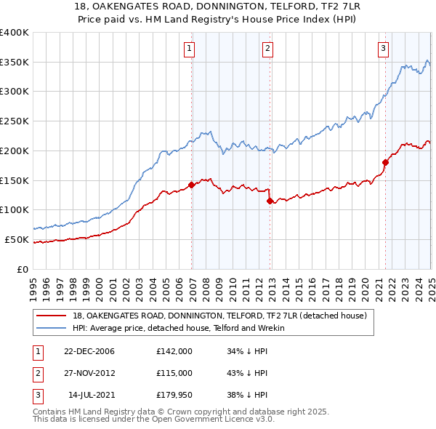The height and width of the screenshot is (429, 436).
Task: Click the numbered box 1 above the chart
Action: (189, 49)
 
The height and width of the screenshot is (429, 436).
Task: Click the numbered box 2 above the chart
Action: (267, 49)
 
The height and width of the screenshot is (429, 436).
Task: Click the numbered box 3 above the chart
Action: (382, 49)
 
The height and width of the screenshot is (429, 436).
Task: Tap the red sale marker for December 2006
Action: (192, 185)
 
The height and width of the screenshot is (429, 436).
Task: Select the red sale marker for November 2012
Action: (270, 201)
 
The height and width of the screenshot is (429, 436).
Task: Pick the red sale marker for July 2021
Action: (385, 162)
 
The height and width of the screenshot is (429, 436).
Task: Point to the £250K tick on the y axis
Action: (15, 121)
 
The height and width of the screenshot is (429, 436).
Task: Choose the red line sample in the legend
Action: (52, 316)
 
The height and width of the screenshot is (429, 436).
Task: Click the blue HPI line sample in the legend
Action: (52, 328)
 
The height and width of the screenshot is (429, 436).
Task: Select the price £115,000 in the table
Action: (174, 372)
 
